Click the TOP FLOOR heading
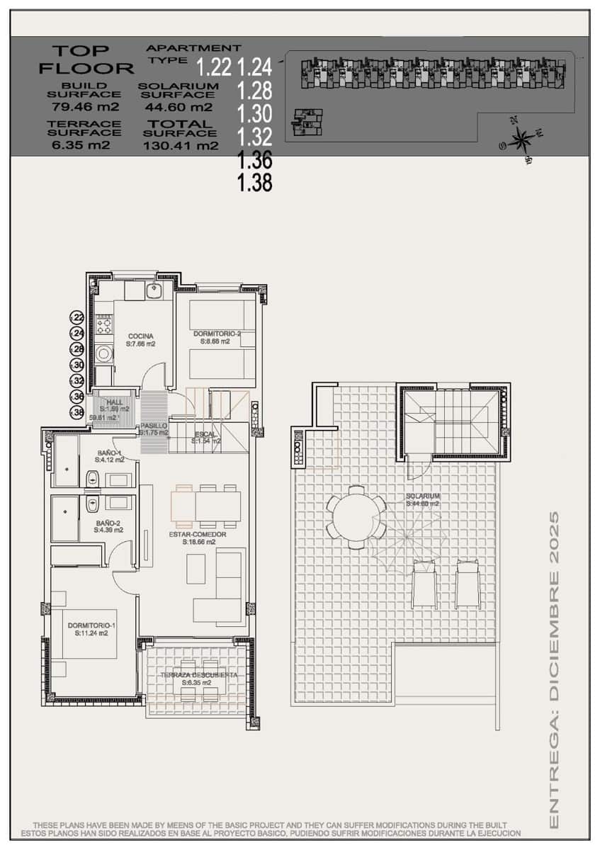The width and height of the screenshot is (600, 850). [x=86, y=59]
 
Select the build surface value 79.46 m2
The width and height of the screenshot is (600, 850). [x=84, y=107]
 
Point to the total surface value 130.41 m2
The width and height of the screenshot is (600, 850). [x=180, y=146]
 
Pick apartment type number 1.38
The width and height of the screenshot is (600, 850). [x=255, y=183]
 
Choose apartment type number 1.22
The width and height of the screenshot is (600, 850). [x=214, y=68]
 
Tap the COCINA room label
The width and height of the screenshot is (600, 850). [x=141, y=336]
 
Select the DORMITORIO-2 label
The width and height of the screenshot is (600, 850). [x=217, y=333]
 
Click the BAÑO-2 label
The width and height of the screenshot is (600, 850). [x=109, y=524]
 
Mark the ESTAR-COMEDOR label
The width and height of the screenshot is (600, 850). [x=198, y=534]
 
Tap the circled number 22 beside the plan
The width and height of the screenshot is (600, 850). [x=77, y=318]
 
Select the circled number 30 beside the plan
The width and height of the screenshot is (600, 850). [x=77, y=365]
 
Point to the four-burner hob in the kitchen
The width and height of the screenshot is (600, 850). [x=105, y=326]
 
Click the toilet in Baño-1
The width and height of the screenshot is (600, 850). [x=93, y=480]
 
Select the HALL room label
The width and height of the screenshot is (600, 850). [x=114, y=402]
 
